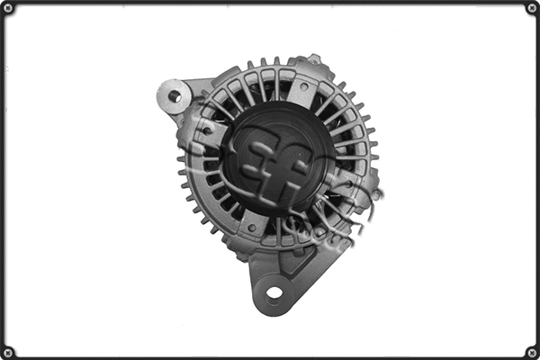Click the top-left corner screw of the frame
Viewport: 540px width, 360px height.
tap(8, 8)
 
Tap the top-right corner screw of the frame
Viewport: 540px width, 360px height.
tap(532, 8)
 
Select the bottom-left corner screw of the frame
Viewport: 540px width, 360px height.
tap(8, 352)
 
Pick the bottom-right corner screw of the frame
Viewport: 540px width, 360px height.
tap(532, 352)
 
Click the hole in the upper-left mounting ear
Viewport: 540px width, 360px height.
tap(174, 95)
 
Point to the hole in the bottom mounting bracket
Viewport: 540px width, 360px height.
tap(274, 293)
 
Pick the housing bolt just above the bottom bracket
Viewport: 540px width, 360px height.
tap(252, 228)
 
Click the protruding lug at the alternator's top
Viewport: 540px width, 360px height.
tap(313, 60)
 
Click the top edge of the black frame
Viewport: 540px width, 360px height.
tap(270, 3)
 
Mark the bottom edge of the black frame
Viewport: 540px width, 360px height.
tap(270, 357)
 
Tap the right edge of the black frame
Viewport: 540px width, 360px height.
tap(537, 180)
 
